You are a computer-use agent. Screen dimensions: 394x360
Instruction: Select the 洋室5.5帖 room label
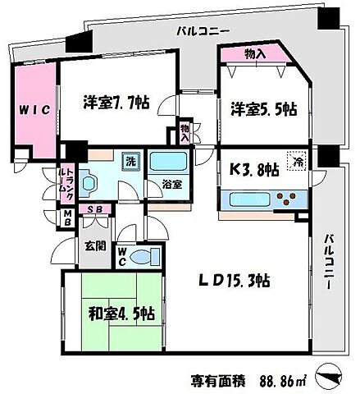click(x=262, y=109)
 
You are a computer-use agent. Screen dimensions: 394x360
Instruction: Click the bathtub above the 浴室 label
click(x=171, y=160)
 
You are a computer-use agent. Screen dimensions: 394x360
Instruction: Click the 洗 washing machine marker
click(x=130, y=161)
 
